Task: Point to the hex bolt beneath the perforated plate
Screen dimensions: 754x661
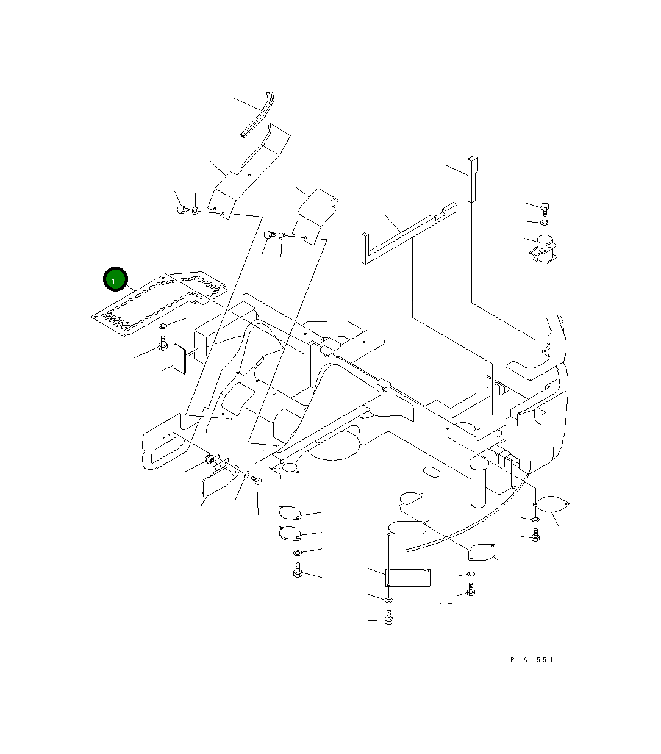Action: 163,346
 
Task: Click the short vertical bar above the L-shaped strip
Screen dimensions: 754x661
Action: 473,179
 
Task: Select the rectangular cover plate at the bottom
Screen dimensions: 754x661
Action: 409,577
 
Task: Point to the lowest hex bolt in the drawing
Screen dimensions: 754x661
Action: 389,620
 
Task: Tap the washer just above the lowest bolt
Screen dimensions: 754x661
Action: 388,601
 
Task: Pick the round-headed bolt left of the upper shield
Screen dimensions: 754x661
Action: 181,210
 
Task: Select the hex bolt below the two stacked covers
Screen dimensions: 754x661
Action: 298,571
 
